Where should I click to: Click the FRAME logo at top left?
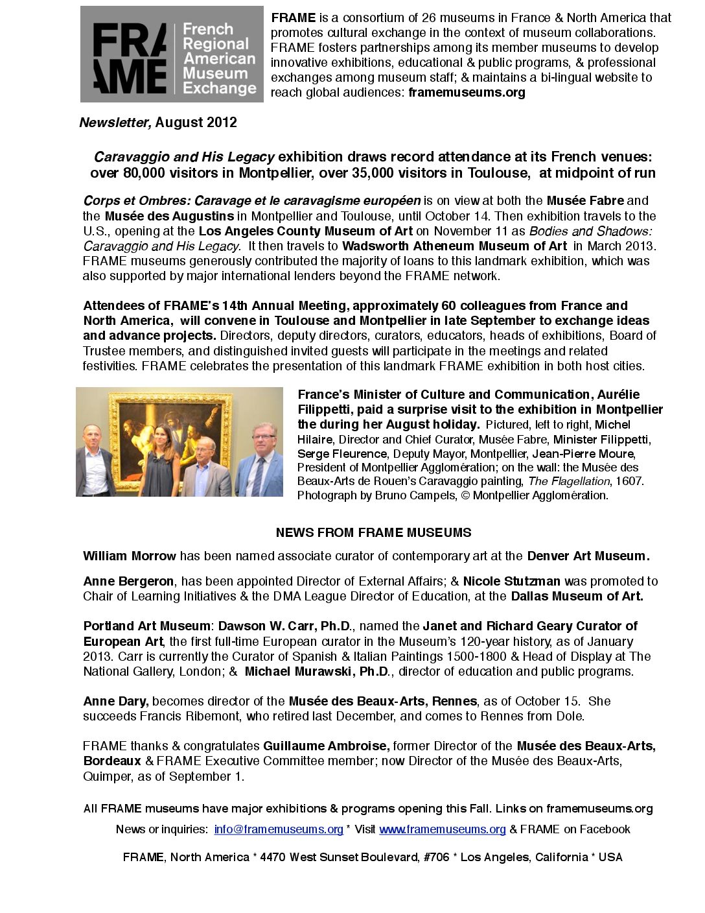172,54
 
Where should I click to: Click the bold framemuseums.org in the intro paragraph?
467,93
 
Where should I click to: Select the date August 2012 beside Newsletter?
196,123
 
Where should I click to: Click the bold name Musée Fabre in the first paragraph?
585,201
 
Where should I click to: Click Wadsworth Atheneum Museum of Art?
454,246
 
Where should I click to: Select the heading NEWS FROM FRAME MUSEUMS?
373,533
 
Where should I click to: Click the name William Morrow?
130,556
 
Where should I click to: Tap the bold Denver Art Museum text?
588,556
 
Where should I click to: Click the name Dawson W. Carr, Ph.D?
285,626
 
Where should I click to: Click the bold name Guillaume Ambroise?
326,746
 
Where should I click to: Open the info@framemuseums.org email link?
279,829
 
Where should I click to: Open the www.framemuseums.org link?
443,829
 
